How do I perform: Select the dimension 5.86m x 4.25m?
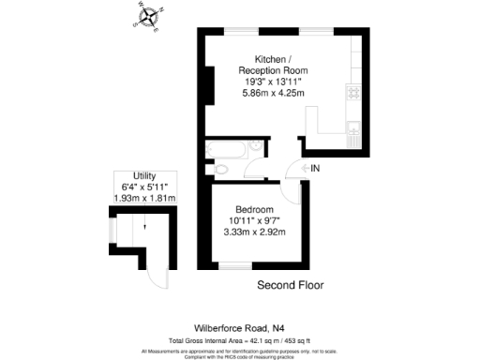[x=273, y=93]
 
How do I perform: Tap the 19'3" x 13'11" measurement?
[x=273, y=82]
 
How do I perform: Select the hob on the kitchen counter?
[x=353, y=93]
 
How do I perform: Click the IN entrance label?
[x=315, y=168]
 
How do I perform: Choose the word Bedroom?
[x=254, y=209]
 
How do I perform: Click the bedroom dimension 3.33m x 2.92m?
[x=254, y=232]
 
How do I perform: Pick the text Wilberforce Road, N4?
[x=239, y=327]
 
